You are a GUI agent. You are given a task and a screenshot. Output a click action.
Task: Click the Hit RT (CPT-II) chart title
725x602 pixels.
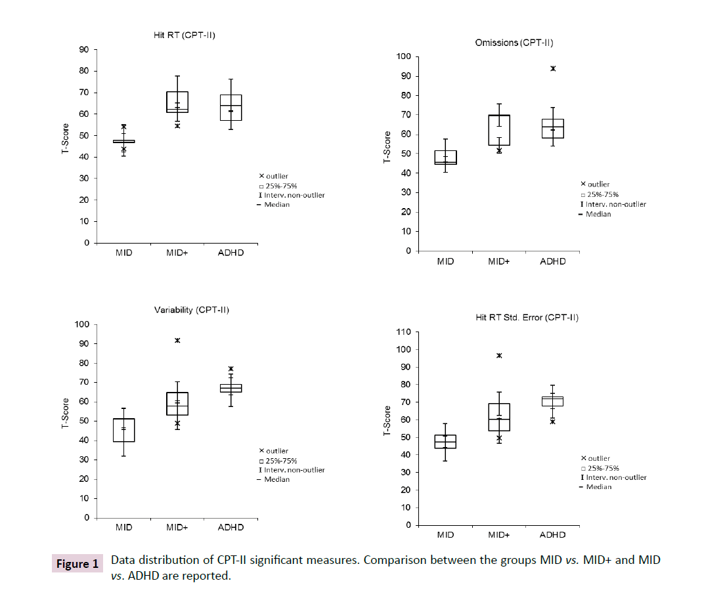click(x=179, y=35)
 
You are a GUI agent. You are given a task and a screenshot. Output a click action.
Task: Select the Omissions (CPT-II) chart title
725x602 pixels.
click(x=514, y=43)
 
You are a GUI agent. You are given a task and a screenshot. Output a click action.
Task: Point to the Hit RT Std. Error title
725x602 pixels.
click(x=527, y=317)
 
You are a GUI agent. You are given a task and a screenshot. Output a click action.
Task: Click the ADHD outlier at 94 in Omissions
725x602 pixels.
click(x=553, y=68)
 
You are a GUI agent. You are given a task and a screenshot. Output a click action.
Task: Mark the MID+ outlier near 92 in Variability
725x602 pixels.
click(x=177, y=340)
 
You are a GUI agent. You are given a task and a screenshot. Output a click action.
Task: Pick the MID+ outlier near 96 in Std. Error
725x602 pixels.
click(x=499, y=355)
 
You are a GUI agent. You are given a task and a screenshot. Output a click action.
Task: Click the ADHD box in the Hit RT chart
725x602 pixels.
click(x=231, y=108)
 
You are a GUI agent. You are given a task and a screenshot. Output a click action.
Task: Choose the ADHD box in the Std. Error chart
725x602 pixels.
click(x=552, y=401)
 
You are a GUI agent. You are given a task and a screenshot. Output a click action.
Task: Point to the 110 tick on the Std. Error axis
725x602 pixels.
click(x=404, y=332)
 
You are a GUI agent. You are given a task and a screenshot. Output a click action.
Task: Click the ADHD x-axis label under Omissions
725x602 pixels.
click(x=552, y=261)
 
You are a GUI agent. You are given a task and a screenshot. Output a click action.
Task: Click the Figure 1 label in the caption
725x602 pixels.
click(x=77, y=564)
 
